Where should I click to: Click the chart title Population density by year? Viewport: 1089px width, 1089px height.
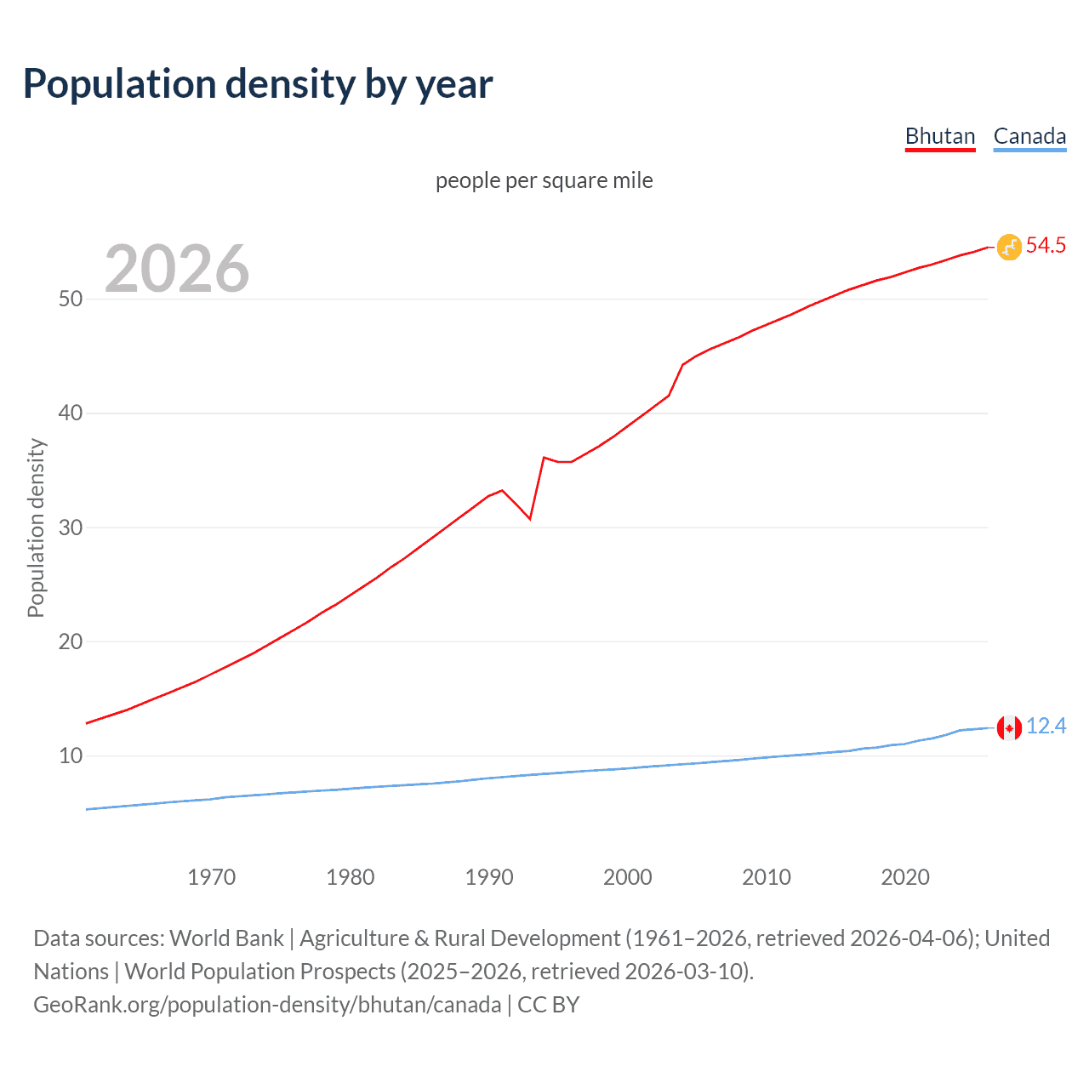click(258, 84)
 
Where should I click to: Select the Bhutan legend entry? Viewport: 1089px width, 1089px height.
click(939, 136)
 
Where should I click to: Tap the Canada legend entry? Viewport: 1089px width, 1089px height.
click(1029, 136)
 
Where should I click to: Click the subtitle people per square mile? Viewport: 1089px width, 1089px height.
click(544, 180)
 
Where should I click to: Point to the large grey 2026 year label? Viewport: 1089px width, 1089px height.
click(177, 269)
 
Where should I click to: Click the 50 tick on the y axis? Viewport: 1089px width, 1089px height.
click(70, 299)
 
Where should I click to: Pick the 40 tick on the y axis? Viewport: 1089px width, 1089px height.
click(70, 413)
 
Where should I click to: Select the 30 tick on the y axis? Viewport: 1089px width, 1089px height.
click(70, 527)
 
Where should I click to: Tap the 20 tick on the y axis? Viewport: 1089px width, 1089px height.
click(70, 642)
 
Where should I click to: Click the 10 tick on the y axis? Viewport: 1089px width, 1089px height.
click(70, 756)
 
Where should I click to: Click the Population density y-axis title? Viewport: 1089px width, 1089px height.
click(36, 527)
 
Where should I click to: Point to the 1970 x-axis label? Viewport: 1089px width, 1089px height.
click(211, 877)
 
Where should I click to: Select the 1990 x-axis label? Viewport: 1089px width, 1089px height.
click(488, 877)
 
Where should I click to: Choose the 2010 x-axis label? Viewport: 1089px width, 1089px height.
click(766, 877)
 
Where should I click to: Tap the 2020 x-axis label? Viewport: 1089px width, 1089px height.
click(904, 877)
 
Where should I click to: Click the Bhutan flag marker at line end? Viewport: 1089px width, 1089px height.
click(1009, 247)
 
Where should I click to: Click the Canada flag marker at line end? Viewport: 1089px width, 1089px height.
click(1009, 727)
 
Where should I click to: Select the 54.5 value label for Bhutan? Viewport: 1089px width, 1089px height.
click(1046, 246)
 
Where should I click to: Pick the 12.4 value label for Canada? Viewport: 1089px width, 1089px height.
click(1046, 727)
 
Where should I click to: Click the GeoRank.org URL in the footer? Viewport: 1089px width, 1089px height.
click(267, 1005)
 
